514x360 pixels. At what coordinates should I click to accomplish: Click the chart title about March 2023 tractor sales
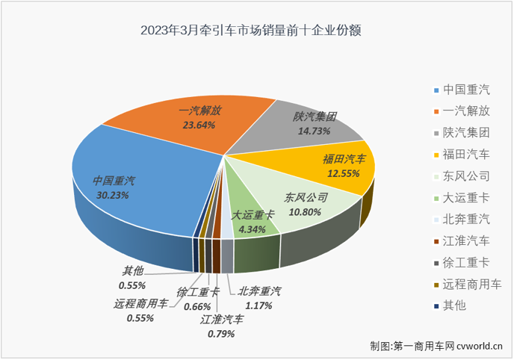pyautogui.click(x=256, y=31)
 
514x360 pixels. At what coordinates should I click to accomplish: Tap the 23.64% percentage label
pyautogui.click(x=199, y=125)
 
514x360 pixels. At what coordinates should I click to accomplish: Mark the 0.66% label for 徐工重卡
pyautogui.click(x=197, y=305)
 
